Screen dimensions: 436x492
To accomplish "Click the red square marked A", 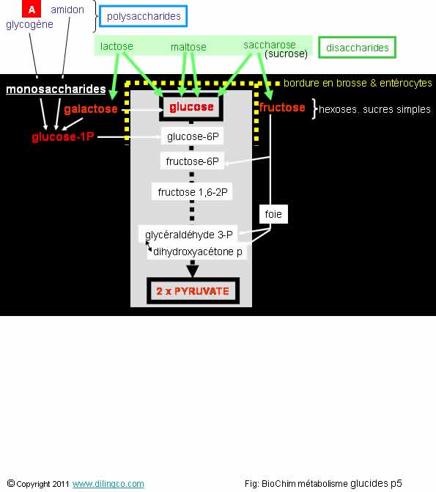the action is click(32, 9).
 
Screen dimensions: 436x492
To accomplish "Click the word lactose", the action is click(117, 46).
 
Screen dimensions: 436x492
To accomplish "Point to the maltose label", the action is click(188, 47).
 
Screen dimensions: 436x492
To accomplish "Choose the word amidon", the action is click(67, 10).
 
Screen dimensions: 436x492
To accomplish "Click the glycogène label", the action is click(29, 24).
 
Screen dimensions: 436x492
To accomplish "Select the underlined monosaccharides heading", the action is click(56, 89).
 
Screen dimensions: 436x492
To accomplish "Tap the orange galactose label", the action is click(91, 109).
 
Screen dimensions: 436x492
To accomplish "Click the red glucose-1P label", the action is click(63, 137).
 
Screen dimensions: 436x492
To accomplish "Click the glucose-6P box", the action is click(192, 136).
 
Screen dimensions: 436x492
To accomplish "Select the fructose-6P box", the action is click(192, 161).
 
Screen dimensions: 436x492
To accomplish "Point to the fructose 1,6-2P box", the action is click(192, 191).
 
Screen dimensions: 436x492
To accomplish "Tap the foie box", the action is click(273, 214).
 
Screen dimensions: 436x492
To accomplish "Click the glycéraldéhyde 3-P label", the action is click(189, 235).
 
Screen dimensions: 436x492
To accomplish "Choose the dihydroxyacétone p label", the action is click(198, 251).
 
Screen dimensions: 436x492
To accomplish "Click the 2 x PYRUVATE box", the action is click(193, 291).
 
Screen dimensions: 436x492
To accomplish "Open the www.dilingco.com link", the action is click(108, 484).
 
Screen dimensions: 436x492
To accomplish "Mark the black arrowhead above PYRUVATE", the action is click(193, 271).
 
